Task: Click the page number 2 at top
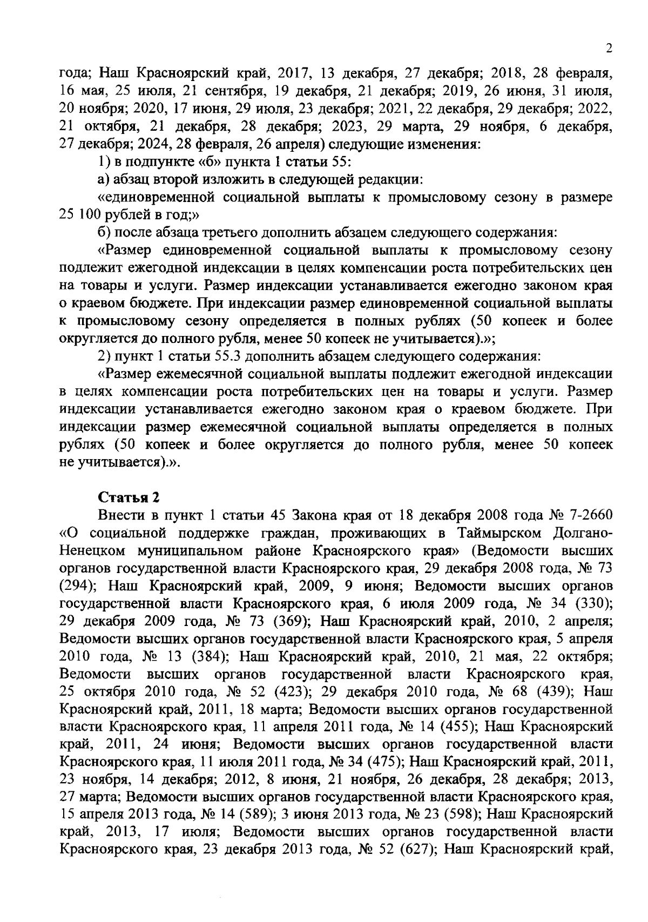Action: click(609, 49)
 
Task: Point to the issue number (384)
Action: click(205, 657)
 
